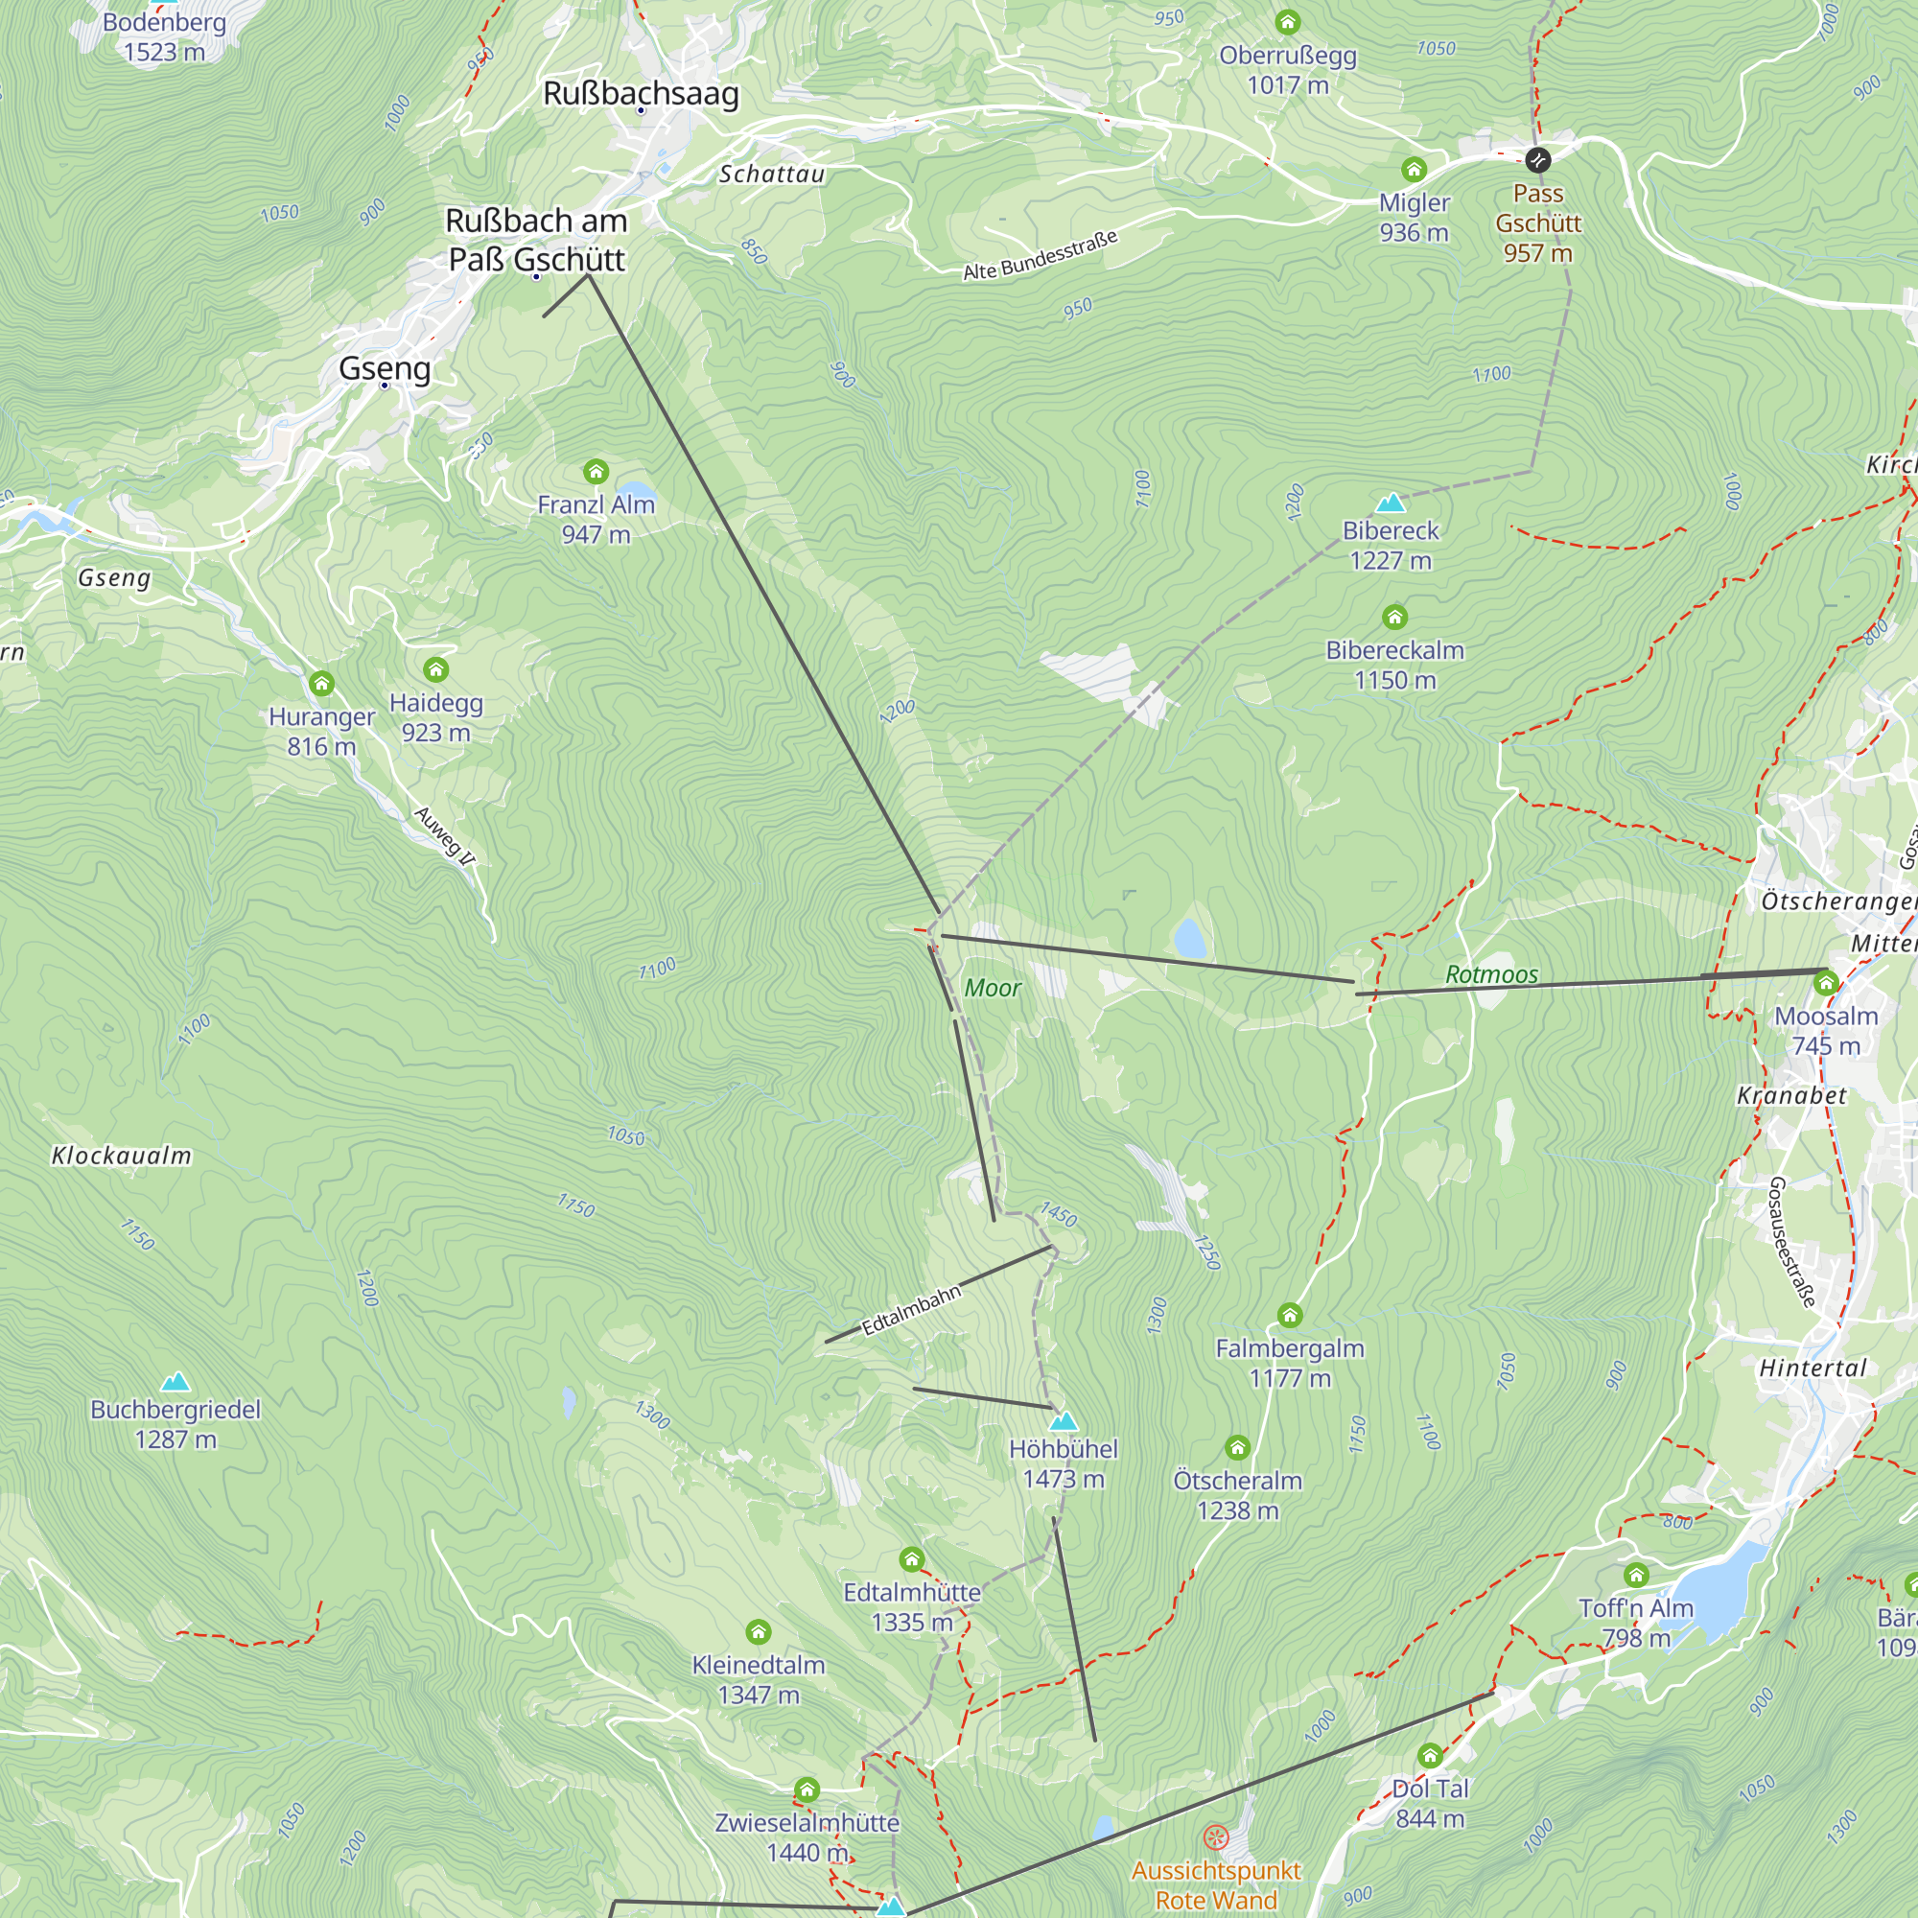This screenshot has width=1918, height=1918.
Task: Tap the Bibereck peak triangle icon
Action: [1390, 503]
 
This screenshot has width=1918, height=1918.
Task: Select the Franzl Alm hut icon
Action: [596, 471]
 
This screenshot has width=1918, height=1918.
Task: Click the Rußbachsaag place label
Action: [641, 93]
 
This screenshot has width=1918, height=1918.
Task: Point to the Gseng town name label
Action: [385, 368]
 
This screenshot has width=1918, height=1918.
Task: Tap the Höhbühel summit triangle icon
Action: [1064, 1420]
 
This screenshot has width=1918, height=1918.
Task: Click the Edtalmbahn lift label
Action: [911, 1309]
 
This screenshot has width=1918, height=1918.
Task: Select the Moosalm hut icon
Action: [1826, 984]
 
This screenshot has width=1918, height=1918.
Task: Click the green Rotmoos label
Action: [1491, 974]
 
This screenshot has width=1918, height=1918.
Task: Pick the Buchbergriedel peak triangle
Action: [175, 1381]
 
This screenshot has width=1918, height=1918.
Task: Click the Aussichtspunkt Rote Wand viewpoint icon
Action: [1216, 1837]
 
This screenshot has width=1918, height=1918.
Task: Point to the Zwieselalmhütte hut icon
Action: [807, 1789]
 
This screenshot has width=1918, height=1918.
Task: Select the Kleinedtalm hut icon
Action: [759, 1632]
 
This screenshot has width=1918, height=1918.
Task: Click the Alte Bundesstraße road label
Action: [1040, 255]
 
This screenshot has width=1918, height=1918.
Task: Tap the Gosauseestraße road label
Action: [1792, 1242]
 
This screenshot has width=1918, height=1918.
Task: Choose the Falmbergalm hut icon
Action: [1290, 1316]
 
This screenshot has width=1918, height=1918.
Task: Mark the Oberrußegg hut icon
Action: [1288, 22]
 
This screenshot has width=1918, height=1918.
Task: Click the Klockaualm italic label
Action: [121, 1156]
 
